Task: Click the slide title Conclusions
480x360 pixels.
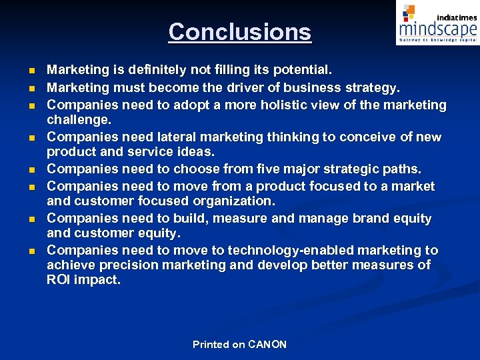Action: pos(239,31)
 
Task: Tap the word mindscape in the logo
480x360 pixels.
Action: pos(437,28)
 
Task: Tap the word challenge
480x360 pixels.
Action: pos(78,119)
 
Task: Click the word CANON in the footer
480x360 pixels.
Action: pos(267,345)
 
